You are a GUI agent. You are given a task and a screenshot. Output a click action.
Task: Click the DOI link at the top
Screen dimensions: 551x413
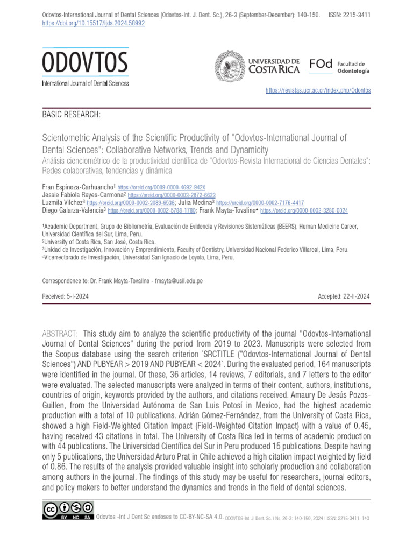point(93,24)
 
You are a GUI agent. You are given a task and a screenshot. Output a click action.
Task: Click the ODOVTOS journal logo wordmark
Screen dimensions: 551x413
point(85,63)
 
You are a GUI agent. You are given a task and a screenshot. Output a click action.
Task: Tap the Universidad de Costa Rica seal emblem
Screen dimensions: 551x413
point(229,67)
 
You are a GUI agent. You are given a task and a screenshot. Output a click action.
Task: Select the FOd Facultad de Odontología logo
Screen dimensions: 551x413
point(339,67)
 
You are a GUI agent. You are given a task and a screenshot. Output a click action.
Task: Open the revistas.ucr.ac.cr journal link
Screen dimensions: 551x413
point(318,90)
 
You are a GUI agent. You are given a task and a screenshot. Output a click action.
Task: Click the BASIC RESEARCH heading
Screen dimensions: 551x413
point(71,115)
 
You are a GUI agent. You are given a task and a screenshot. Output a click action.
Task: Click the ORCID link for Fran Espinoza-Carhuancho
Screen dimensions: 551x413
point(161,187)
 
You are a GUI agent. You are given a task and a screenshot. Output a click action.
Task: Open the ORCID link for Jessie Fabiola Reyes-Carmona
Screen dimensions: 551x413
point(172,195)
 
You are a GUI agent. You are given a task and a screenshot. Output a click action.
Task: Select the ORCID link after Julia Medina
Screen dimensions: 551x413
point(260,203)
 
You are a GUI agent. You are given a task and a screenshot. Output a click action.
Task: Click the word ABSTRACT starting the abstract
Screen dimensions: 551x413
point(60,334)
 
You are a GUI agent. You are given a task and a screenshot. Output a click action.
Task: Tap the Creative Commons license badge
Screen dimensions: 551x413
point(68,511)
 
